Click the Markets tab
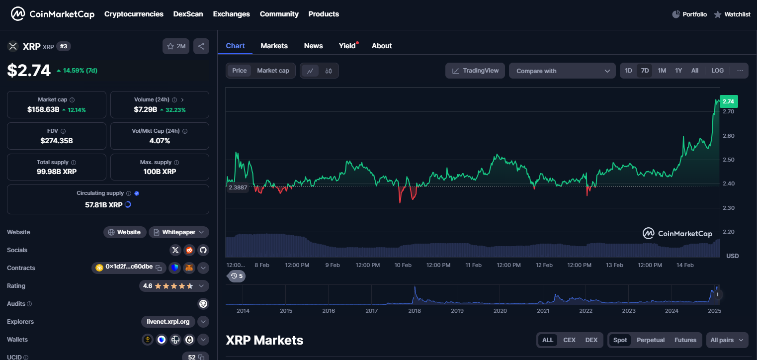point(274,46)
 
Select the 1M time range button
point(662,71)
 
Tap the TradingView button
point(475,71)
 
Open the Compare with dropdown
point(562,71)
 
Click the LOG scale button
point(717,71)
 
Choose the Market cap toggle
point(273,71)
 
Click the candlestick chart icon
point(329,71)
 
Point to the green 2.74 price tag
point(728,101)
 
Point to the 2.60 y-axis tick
point(728,136)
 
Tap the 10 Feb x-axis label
point(403,265)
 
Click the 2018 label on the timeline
point(414,311)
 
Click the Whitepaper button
point(179,232)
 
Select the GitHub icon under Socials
point(202,250)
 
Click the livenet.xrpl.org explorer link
point(168,322)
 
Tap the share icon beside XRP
point(201,46)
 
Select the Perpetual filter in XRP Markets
point(650,340)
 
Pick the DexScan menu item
point(188,14)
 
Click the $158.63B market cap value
point(43,109)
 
